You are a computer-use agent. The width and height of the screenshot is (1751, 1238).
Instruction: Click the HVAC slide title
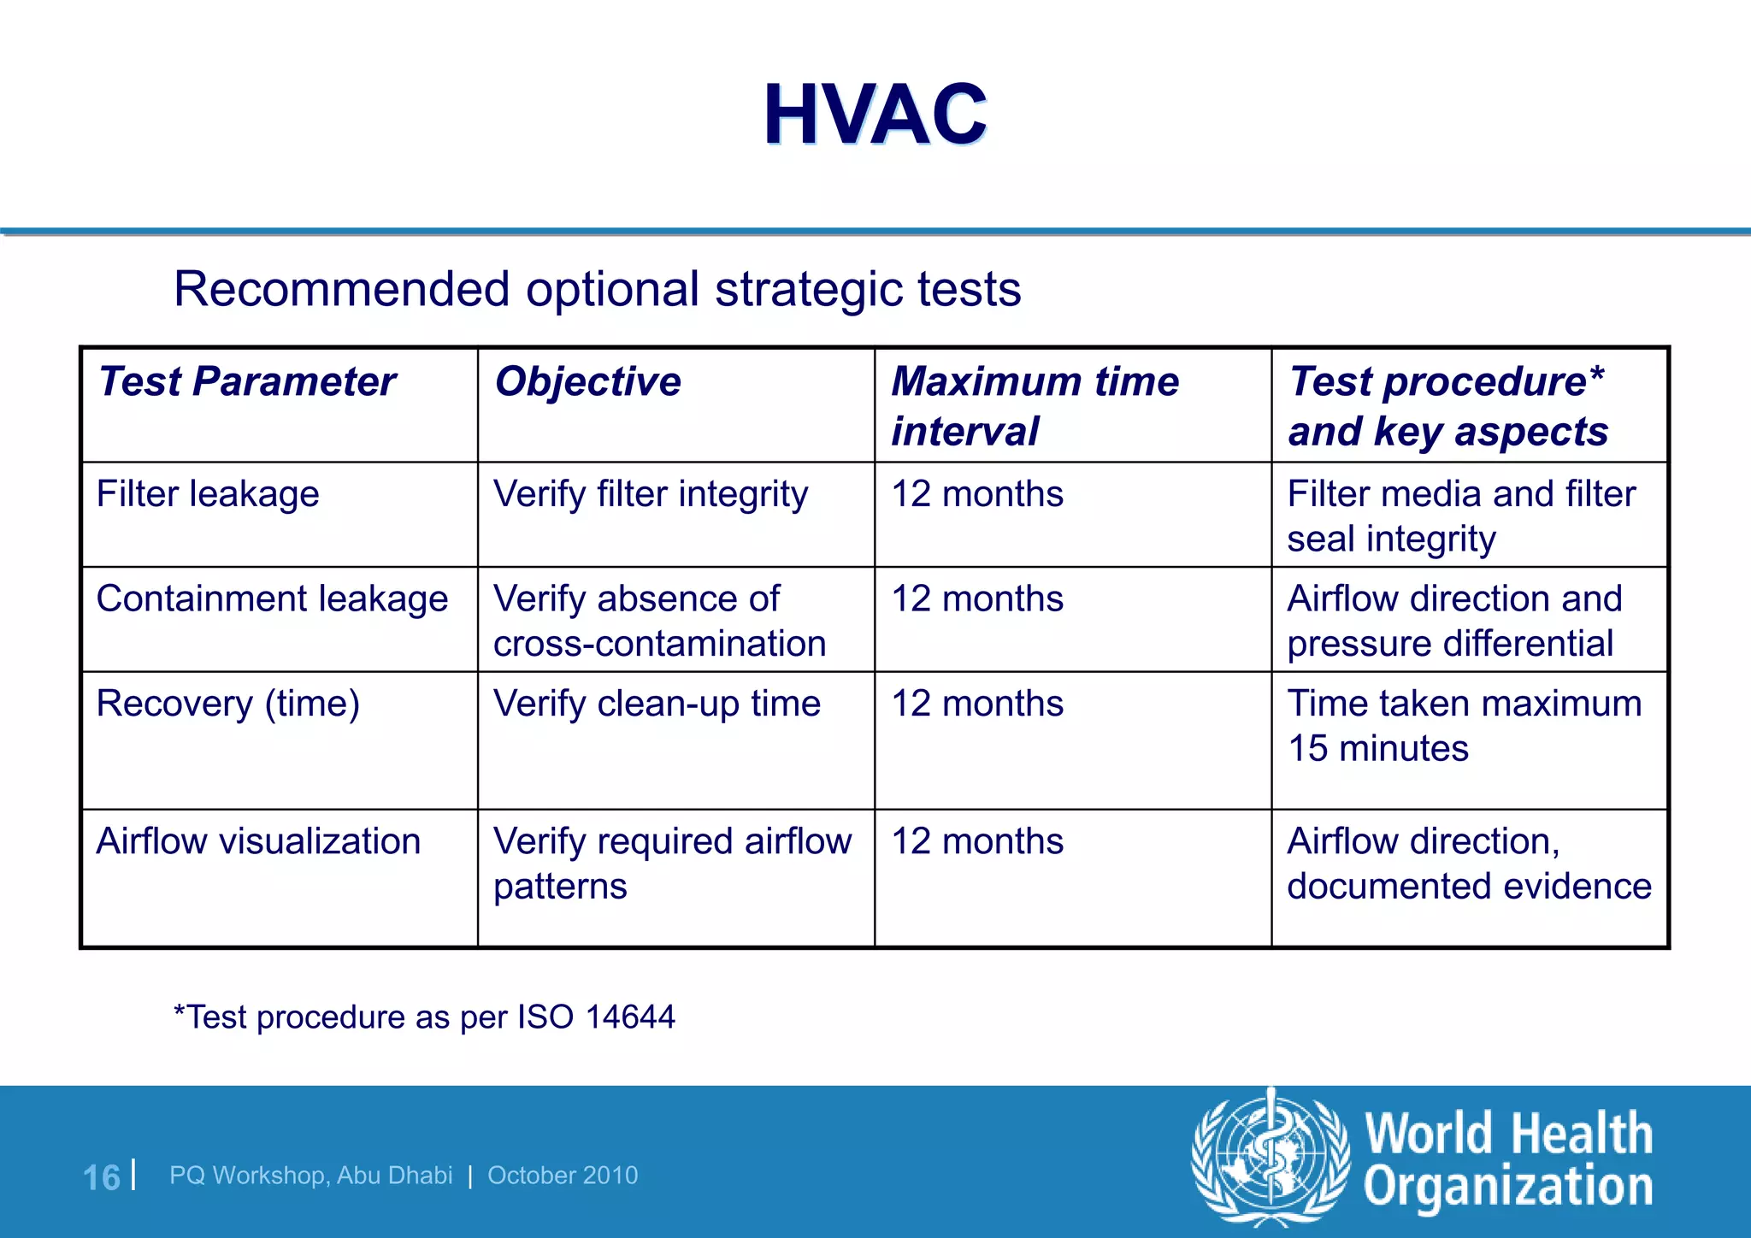(875, 115)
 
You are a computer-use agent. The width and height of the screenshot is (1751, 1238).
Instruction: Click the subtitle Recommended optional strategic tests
(597, 289)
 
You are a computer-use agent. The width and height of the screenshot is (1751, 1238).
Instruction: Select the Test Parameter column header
(247, 381)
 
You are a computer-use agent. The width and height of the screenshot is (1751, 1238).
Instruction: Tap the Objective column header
(587, 381)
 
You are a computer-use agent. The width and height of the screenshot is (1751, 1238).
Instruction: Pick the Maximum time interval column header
(1035, 405)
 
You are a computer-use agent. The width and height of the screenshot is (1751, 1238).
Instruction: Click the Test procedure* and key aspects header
(1448, 405)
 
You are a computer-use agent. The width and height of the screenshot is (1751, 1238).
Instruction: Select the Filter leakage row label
(208, 494)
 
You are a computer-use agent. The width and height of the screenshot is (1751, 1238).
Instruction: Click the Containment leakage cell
(272, 598)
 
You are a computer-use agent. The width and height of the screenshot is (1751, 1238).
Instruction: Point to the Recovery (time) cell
(227, 704)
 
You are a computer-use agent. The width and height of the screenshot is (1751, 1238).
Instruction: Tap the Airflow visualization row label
(258, 841)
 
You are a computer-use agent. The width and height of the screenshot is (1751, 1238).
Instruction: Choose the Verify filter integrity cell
(651, 494)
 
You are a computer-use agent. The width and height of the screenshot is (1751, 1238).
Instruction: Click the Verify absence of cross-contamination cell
(659, 621)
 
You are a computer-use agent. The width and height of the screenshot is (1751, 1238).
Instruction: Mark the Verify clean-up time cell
(657, 704)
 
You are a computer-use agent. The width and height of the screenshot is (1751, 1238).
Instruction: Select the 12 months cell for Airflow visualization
(977, 841)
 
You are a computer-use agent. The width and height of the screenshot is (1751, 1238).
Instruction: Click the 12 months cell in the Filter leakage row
(977, 494)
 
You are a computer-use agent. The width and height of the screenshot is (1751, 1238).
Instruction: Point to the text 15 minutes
(1378, 749)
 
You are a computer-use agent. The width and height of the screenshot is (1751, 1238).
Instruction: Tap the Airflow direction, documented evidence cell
(1469, 864)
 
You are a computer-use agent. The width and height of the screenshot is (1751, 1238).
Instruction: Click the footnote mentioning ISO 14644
(424, 1017)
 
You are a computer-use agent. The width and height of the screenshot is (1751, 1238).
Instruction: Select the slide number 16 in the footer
(101, 1177)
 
